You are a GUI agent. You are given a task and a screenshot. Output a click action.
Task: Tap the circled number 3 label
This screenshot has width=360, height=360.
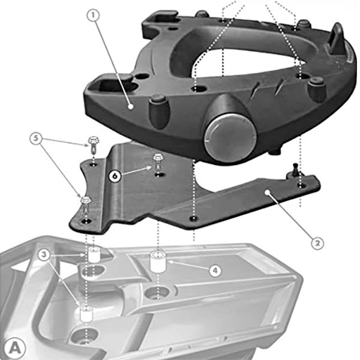44,254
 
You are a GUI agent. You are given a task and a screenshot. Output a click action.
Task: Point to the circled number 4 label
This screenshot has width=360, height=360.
214,271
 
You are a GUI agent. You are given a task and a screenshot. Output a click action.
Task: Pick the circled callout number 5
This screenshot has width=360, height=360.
37,140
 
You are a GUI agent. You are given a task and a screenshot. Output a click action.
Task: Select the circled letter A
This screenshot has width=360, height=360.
14,347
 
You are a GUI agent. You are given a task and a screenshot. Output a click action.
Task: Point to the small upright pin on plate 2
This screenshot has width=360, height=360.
296,170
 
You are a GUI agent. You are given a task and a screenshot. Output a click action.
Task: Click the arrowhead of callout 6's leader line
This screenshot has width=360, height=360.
151,169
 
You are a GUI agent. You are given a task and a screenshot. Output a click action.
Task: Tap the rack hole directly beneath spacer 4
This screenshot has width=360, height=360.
158,293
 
